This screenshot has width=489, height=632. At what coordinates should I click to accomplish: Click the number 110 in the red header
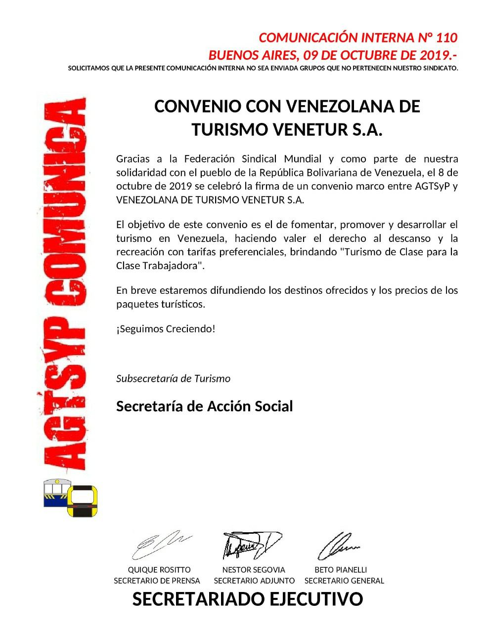446,38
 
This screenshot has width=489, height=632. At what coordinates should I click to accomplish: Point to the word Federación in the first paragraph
209,159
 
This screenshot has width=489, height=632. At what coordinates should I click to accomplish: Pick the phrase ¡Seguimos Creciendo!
166,329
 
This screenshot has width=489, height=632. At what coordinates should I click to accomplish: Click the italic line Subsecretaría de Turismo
173,379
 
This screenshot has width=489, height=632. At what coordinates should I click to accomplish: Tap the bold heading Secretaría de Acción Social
204,406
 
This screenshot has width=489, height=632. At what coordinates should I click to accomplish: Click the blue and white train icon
55,492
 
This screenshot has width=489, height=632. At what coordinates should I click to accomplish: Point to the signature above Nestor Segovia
251,544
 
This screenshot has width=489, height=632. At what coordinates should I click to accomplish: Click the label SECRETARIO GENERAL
344,581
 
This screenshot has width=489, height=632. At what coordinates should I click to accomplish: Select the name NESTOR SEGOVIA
254,570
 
